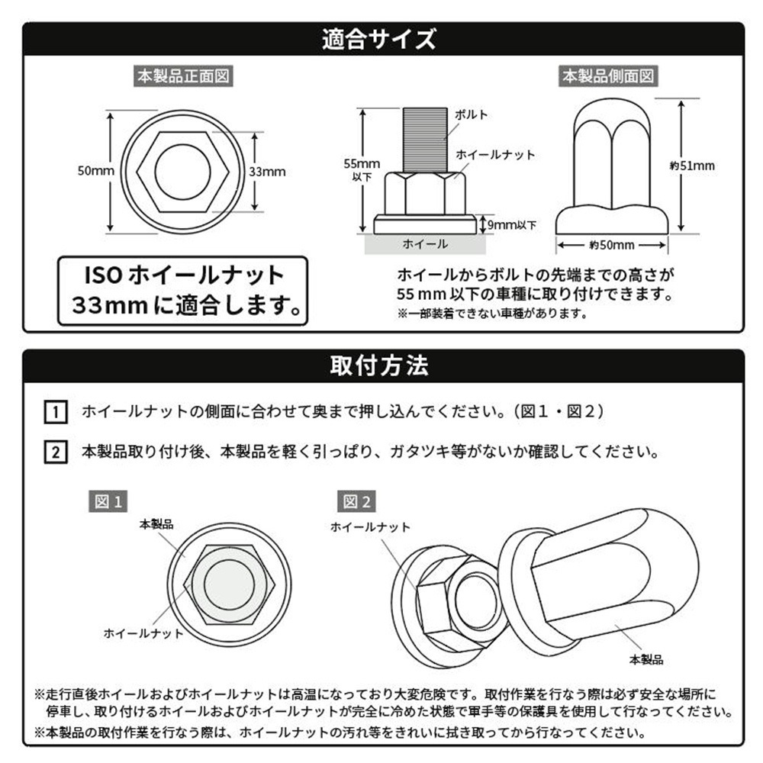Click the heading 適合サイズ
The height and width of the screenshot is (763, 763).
pos(378,39)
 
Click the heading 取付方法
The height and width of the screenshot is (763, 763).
pos(379,365)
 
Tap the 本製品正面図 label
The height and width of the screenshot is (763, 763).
pos(183,76)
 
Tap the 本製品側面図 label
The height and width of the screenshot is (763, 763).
pos(608,76)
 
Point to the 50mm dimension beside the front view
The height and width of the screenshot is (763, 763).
pos(96,171)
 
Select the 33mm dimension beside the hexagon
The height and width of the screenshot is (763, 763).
pos(267,171)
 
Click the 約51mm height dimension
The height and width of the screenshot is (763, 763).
pos(692,166)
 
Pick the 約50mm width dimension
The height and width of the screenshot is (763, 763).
pos(612,245)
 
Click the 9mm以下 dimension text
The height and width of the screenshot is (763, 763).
pos(511,225)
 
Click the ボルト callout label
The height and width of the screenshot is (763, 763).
pos(471,115)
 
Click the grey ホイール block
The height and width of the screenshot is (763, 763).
pos(425,244)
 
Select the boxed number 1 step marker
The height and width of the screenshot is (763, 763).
pos(56,412)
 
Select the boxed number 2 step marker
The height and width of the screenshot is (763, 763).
pos(56,452)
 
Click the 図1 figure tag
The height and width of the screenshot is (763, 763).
pos(108,501)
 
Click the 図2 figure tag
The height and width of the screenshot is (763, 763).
pos(356,501)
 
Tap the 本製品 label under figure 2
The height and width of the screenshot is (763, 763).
pos(646,660)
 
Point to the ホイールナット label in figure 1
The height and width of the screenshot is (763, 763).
pos(143,633)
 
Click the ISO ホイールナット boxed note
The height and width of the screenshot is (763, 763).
pos(183,291)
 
